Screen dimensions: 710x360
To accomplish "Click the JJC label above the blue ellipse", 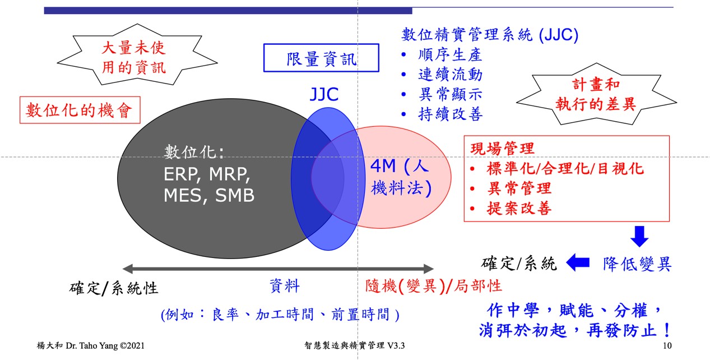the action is point(324,94).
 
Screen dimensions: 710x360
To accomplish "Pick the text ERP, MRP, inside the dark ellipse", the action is point(207,174).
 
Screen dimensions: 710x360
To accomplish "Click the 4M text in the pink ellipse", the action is point(383,166).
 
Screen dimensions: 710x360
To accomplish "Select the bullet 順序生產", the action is point(450,55).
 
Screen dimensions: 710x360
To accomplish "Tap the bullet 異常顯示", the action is point(450,94).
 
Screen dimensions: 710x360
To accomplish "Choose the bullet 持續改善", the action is point(450,114).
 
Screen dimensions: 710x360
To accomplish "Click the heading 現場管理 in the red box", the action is point(503,149).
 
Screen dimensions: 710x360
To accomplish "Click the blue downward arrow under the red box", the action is point(639,237).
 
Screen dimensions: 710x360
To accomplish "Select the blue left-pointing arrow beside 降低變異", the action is point(578,262).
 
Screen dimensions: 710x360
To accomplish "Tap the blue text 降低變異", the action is point(637,264).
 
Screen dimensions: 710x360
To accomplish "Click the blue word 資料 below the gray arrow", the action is point(285,286).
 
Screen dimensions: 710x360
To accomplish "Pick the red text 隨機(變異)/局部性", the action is point(433,286).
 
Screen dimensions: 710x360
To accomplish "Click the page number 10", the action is point(667,346).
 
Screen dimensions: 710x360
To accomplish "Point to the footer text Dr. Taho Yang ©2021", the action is point(105,345).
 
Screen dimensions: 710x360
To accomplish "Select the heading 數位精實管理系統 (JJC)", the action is point(490,35).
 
